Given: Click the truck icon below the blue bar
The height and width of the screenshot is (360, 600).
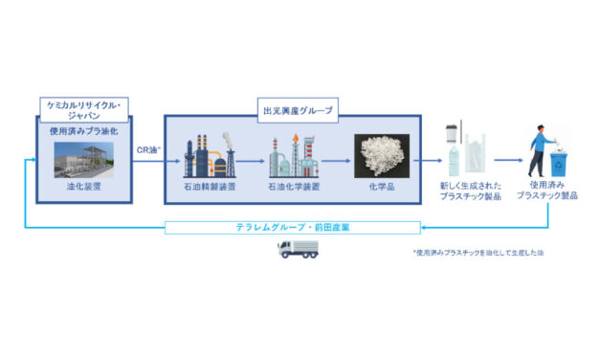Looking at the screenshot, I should pyautogui.click(x=297, y=250).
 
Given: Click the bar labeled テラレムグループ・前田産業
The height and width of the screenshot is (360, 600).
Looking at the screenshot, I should pyautogui.click(x=292, y=228).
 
